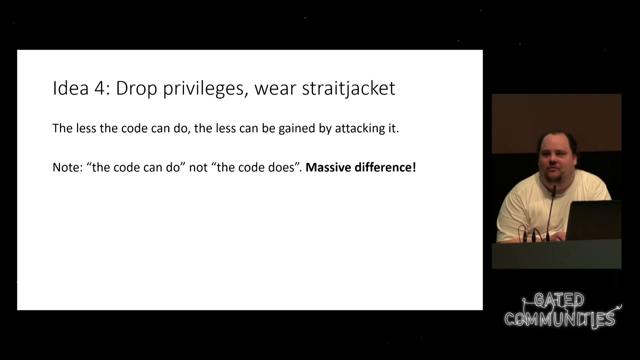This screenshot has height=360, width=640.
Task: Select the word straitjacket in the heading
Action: tap(349, 89)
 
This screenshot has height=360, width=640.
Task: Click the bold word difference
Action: tap(383, 167)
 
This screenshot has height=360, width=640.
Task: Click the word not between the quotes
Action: tap(198, 168)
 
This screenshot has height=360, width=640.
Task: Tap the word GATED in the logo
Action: tap(559, 300)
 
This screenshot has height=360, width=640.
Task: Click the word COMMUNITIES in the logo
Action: tap(560, 319)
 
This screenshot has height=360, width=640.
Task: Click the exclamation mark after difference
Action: tap(414, 167)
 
